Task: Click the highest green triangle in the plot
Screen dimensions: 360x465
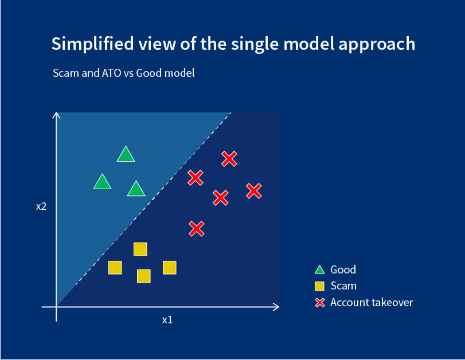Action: pyautogui.click(x=126, y=155)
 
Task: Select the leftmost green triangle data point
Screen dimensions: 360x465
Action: pyautogui.click(x=102, y=182)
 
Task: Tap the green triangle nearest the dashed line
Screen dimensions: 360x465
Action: pyautogui.click(x=136, y=189)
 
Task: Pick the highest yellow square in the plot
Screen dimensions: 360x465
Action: pyautogui.click(x=140, y=249)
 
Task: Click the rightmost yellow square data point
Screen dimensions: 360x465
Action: pyautogui.click(x=170, y=267)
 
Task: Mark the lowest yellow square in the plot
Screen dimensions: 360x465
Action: pyautogui.click(x=144, y=276)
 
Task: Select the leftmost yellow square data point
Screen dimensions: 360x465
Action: pyautogui.click(x=115, y=267)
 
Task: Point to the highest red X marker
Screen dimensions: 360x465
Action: pyautogui.click(x=229, y=159)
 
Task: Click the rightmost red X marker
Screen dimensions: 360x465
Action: pyautogui.click(x=254, y=191)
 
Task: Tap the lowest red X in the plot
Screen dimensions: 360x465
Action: pyautogui.click(x=197, y=229)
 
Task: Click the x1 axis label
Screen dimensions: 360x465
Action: pyautogui.click(x=167, y=320)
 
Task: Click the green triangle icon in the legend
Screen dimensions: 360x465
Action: pyautogui.click(x=320, y=269)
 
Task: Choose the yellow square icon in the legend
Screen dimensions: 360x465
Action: pyautogui.click(x=320, y=285)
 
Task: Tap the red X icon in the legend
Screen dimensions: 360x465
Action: pyautogui.click(x=320, y=302)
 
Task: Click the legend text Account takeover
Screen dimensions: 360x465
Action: pyautogui.click(x=372, y=302)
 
